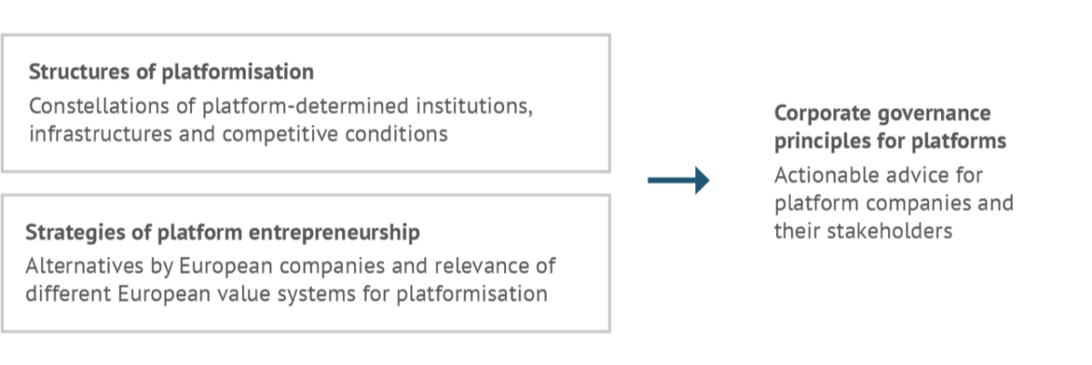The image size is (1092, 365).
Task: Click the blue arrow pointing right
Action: (x=678, y=179)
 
